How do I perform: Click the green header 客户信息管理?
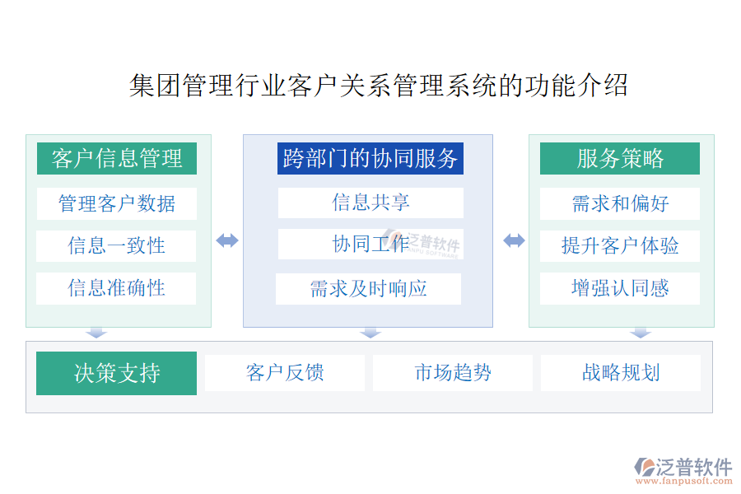tap(117, 158)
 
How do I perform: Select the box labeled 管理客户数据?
tap(117, 203)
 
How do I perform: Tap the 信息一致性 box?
tap(116, 246)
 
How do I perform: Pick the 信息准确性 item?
tap(116, 288)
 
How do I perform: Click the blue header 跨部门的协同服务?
tap(370, 158)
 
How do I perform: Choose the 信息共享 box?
tap(370, 203)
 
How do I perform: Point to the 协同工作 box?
tap(370, 244)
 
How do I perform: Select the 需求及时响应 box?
tap(368, 288)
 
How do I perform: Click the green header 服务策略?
tap(619, 158)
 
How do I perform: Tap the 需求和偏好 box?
tap(619, 203)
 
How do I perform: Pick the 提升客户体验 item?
tap(619, 246)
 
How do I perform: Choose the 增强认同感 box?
tap(619, 288)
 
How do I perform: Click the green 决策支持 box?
tap(116, 373)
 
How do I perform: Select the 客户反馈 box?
tap(285, 373)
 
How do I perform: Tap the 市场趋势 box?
tap(453, 373)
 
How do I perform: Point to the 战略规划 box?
tap(621, 373)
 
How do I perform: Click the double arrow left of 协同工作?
tap(227, 240)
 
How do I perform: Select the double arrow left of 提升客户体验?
tap(514, 240)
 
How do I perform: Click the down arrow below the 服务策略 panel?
tap(641, 333)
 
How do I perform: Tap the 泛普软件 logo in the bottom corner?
tap(683, 471)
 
